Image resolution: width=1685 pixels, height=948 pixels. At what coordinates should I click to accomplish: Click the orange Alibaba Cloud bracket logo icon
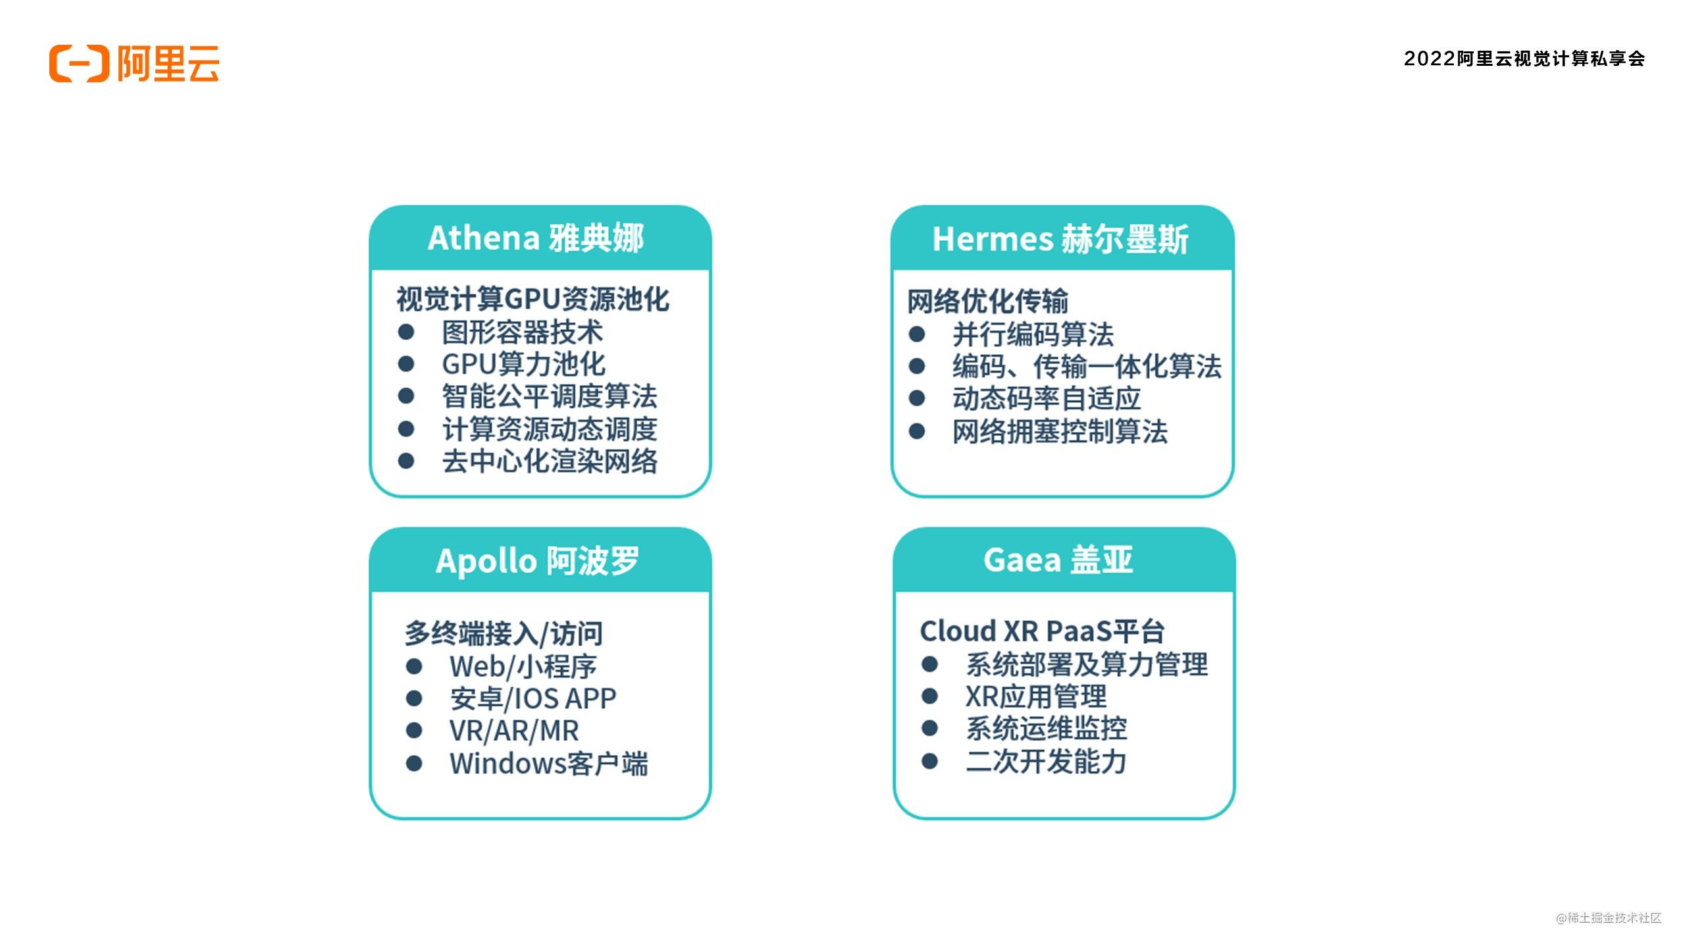[79, 64]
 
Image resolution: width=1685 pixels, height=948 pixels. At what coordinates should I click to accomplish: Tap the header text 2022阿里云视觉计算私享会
[1524, 59]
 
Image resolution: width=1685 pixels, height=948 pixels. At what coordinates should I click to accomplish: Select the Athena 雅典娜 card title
[536, 238]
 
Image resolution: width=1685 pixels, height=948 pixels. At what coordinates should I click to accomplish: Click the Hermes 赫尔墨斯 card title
[1060, 239]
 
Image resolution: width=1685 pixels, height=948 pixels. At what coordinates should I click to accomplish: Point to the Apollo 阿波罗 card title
[538, 561]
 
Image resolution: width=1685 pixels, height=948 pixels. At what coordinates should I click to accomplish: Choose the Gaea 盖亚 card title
[1058, 560]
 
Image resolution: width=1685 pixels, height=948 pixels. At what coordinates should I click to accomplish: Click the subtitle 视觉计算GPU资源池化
[532, 299]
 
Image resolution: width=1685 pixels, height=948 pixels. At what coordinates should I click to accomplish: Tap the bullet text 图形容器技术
[523, 332]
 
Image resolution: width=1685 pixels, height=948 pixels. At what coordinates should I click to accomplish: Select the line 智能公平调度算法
[550, 396]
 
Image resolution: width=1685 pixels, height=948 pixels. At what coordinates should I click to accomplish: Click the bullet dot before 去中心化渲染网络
[406, 461]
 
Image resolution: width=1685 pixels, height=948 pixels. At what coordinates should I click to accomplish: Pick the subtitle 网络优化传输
[987, 302]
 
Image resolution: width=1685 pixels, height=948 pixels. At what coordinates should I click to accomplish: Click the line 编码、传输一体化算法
[1087, 366]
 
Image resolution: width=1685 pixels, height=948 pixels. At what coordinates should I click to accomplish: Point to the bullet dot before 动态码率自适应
[917, 398]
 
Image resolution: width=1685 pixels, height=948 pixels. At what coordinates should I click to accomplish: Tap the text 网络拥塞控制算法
[1060, 432]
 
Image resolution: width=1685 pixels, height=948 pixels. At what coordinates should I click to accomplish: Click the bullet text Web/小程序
[523, 667]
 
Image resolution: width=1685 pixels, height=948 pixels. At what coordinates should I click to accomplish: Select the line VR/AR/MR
[514, 731]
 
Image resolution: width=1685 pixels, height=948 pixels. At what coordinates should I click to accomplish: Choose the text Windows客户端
[549, 764]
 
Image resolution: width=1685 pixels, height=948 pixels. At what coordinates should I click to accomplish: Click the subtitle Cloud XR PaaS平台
[1042, 631]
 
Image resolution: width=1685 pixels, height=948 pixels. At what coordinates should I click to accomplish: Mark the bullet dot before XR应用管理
[929, 696]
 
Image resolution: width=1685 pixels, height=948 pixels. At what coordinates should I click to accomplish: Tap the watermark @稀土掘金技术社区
[1609, 918]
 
